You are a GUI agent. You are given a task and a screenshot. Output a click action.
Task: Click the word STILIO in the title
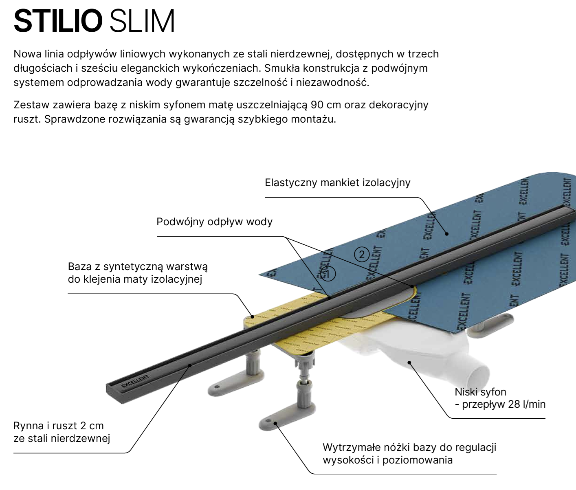click(58, 21)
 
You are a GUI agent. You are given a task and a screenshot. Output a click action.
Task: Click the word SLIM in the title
click(142, 21)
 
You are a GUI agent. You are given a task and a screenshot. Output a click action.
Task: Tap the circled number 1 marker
click(328, 274)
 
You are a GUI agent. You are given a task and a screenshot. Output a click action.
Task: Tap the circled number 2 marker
click(361, 255)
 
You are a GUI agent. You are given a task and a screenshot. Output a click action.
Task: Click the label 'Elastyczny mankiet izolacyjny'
click(337, 183)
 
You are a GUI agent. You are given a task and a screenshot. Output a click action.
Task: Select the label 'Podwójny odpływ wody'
click(214, 222)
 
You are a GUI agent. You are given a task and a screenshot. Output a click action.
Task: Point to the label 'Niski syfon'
click(480, 392)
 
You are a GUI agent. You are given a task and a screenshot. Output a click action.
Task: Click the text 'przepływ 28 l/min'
click(503, 404)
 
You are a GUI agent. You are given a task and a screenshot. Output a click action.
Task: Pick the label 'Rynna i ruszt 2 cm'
click(59, 426)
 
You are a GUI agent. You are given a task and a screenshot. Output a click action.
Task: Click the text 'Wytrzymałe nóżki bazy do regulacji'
click(409, 447)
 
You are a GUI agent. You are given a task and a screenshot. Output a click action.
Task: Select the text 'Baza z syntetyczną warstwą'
click(138, 267)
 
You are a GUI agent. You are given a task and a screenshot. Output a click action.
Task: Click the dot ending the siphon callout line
click(409, 362)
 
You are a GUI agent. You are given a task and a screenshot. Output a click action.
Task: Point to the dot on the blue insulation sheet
click(447, 233)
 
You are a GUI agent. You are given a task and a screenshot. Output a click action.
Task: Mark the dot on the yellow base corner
click(253, 316)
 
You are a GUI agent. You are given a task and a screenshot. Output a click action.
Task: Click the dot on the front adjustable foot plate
click(276, 423)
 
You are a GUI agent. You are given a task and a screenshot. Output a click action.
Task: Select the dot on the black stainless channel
click(190, 365)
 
